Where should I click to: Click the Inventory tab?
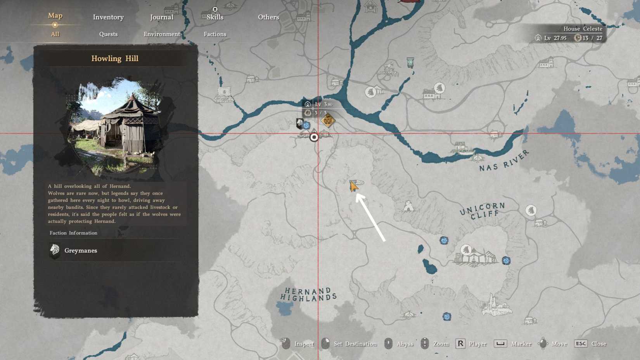click(108, 17)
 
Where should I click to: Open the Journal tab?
click(161, 17)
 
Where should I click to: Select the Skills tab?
click(215, 17)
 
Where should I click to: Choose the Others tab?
click(268, 17)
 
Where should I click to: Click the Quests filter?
click(108, 34)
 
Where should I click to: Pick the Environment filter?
click(162, 34)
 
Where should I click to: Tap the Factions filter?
click(215, 34)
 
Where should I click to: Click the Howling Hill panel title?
click(115, 59)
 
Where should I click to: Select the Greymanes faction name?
click(81, 251)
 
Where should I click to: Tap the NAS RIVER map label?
click(504, 161)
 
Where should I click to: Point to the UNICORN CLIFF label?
click(483, 211)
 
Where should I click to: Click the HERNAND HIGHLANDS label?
click(308, 294)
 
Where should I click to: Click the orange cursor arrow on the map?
click(353, 187)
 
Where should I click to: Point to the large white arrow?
click(371, 217)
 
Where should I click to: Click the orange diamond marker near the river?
click(328, 121)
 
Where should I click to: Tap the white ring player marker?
click(314, 137)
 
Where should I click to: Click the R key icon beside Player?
click(460, 344)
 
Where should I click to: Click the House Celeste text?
click(583, 29)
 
